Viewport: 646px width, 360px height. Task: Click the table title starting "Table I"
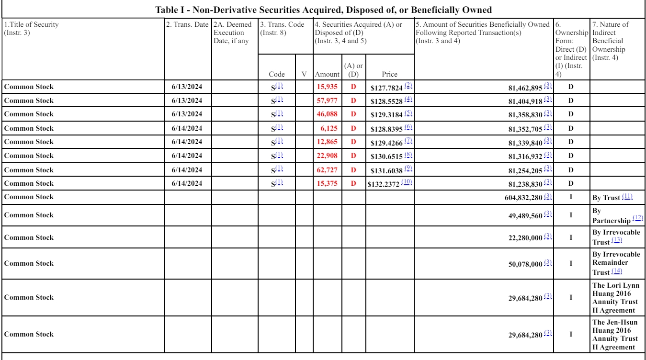pos(323,9)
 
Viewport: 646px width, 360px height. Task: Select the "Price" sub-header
pos(389,74)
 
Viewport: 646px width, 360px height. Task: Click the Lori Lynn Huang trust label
pos(616,298)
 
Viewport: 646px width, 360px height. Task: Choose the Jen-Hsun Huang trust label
pos(616,334)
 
